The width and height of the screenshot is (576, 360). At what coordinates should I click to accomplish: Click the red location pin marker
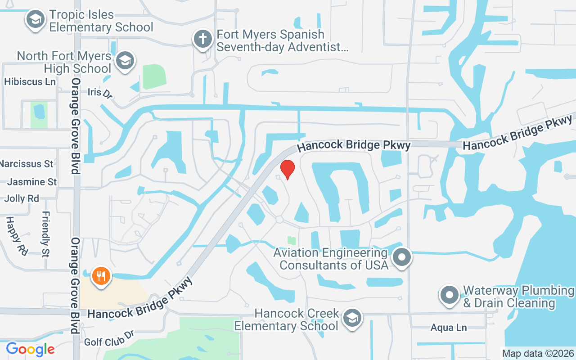tap(288, 169)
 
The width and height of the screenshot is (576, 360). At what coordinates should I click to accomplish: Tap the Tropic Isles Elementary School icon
tap(35, 20)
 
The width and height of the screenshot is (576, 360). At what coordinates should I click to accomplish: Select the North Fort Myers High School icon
tap(125, 61)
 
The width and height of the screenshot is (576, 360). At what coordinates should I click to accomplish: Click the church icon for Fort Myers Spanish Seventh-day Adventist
tap(202, 39)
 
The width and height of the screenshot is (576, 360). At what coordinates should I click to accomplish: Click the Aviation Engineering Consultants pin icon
tap(402, 258)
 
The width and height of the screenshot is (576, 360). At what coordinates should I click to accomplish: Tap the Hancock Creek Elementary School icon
tap(352, 318)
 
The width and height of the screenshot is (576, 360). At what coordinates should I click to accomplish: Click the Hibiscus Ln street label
tap(30, 81)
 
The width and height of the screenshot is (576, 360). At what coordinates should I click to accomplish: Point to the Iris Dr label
tap(99, 93)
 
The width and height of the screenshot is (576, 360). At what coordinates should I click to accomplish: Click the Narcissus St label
tap(27, 163)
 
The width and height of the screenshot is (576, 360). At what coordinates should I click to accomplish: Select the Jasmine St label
tap(32, 182)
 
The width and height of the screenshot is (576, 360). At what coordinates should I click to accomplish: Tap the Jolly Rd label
tap(22, 198)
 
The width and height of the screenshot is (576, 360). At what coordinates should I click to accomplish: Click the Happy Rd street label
tap(16, 235)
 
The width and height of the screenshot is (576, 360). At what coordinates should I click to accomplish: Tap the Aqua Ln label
tap(448, 328)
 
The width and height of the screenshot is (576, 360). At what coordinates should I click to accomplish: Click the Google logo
tap(30, 349)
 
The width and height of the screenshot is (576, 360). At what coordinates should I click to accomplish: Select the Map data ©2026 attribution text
tap(538, 353)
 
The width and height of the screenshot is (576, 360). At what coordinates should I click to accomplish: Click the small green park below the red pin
tap(292, 241)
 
